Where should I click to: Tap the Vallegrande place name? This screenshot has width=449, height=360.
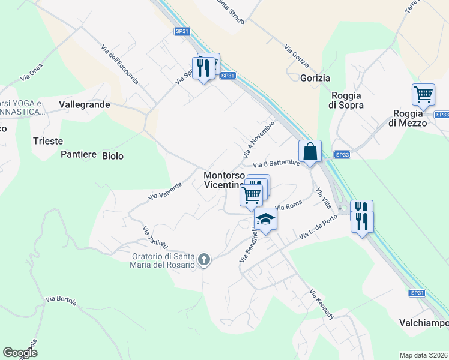coord(85,104)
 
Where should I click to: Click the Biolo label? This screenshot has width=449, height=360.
coord(113,156)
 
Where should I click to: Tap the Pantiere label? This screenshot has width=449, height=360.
coord(79,155)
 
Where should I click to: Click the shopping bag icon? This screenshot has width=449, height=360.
coord(310,151)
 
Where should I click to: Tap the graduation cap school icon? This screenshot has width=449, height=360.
coord(265,220)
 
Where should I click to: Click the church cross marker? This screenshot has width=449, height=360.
coord(204,260)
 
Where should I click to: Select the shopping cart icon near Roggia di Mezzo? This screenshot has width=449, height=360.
coord(423,95)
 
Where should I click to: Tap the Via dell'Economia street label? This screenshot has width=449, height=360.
coord(120,65)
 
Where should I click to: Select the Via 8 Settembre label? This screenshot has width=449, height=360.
coord(276,164)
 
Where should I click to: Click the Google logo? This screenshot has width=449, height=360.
coord(20,353)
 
